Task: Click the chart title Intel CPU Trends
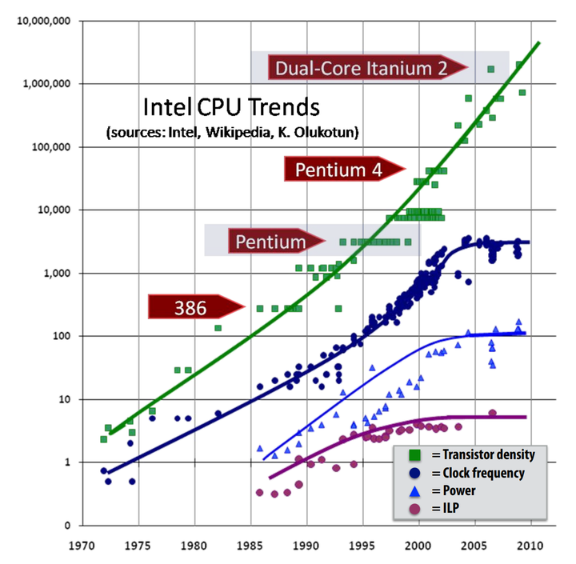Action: click(230, 107)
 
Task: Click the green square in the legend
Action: click(414, 454)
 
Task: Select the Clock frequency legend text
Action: click(483, 473)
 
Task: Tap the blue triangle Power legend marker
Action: click(414, 490)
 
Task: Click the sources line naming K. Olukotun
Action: click(232, 131)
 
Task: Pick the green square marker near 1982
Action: click(218, 328)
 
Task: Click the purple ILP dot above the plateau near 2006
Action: click(492, 414)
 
